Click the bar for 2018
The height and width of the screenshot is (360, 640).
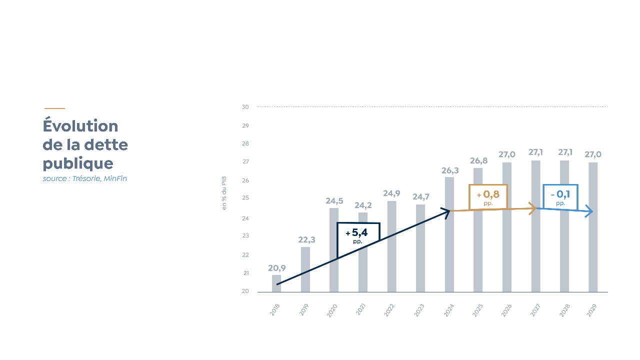276,283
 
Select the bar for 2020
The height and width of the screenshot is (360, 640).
334,250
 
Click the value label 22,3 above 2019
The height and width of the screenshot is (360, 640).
306,240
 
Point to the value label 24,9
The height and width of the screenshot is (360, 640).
391,193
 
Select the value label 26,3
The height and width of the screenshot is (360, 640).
449,171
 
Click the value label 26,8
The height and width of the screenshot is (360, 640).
478,161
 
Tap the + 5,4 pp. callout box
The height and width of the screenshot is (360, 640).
358,236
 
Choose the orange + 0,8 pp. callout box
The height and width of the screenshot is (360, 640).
488,197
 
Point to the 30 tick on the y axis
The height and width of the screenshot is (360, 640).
245,107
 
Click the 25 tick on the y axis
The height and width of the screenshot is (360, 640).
245,198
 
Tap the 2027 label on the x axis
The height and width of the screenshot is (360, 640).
535,310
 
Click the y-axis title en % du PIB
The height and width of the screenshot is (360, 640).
224,193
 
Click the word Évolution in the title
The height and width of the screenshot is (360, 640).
80,126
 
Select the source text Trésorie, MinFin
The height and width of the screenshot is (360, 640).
99,179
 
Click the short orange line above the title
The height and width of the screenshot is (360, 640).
54,108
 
